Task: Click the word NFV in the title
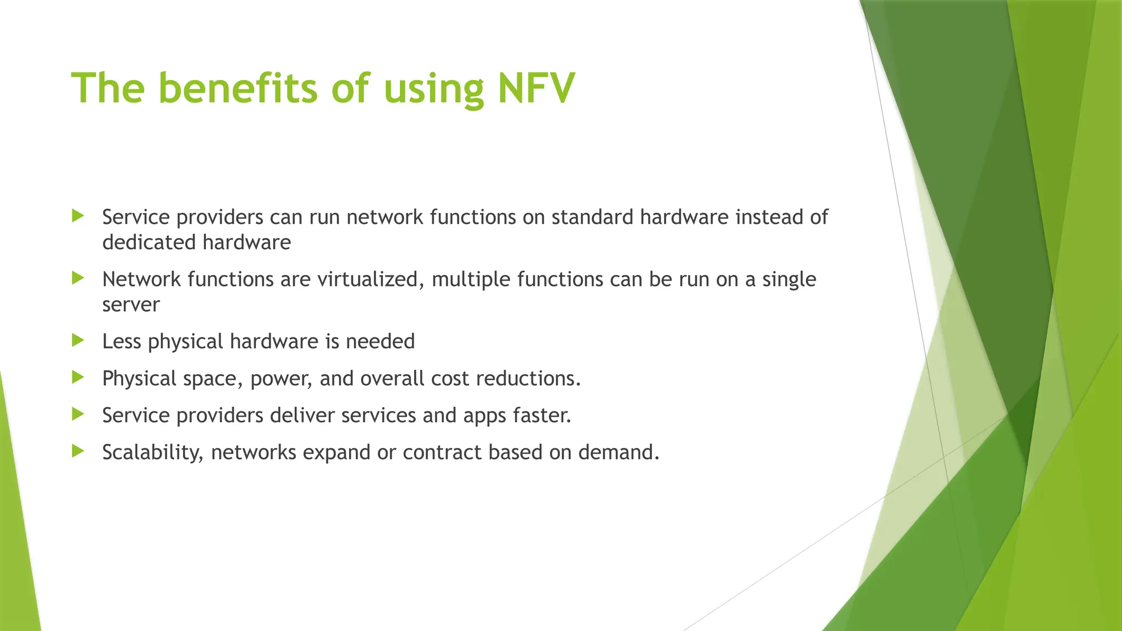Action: coord(536,88)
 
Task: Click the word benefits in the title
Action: coord(238,88)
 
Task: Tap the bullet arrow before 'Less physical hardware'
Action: coord(78,341)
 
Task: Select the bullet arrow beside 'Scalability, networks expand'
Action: coord(78,451)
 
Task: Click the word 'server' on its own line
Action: coord(131,305)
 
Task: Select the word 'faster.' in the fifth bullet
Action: coord(542,415)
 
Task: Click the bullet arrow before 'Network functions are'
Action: coord(78,278)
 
